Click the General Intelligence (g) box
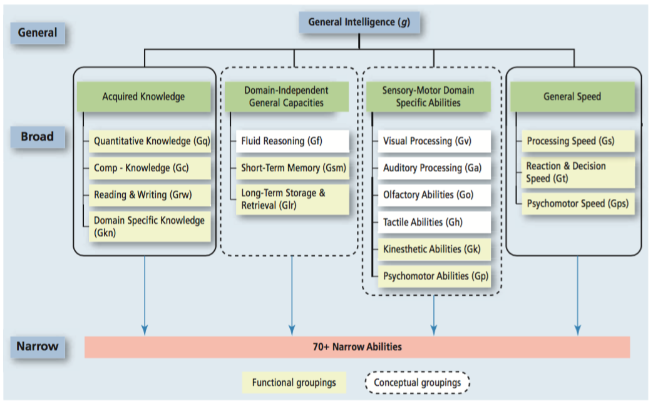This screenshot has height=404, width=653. click(358, 23)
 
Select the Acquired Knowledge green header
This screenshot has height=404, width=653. click(143, 96)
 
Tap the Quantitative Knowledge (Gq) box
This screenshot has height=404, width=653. click(151, 141)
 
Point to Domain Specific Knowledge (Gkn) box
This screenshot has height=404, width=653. click(150, 226)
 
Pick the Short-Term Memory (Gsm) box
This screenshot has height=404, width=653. click(292, 168)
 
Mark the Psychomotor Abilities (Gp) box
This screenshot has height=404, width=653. click(434, 276)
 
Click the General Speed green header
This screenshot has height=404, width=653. click(572, 96)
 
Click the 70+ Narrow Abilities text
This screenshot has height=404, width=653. click(357, 346)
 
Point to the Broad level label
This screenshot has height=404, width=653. click(38, 136)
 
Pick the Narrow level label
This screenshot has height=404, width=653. click(38, 346)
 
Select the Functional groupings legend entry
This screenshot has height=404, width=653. click(294, 382)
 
